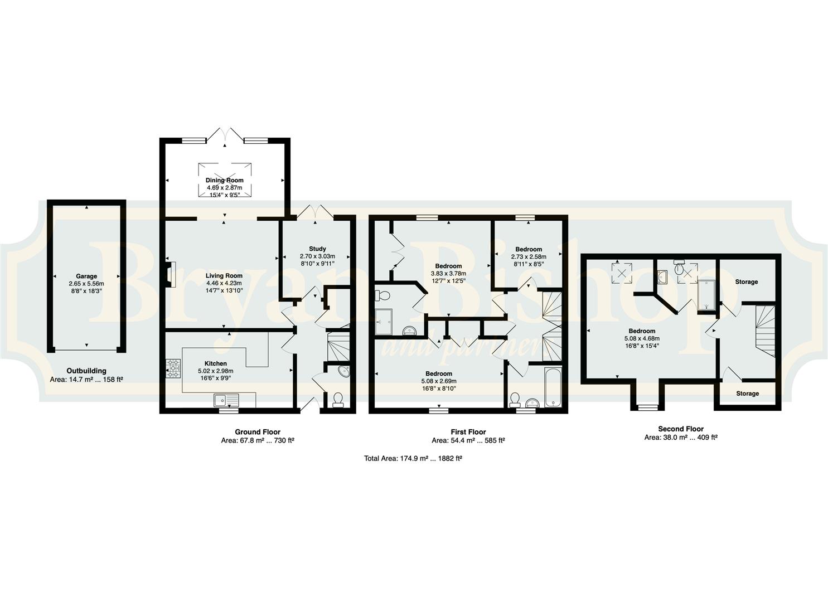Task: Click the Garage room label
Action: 86,276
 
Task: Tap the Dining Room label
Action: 224,181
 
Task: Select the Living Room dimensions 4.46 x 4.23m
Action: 224,283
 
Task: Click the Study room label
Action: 317,249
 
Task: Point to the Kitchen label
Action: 216,363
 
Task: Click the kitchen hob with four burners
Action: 173,368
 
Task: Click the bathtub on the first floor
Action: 553,387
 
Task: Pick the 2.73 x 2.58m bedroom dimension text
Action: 529,256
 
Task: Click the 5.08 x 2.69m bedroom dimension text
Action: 439,381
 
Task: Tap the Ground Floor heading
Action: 258,431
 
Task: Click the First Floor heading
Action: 468,431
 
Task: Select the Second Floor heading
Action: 681,429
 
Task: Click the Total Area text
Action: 413,458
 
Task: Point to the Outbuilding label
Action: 86,371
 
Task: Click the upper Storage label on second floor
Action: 747,281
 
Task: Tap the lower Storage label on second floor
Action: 747,393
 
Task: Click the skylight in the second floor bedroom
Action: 622,273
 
